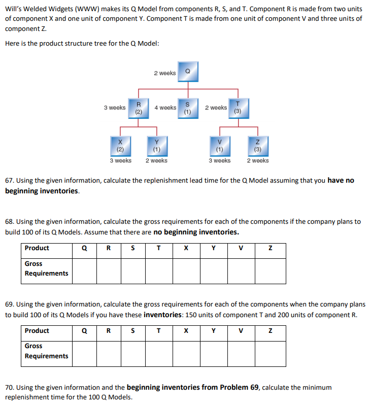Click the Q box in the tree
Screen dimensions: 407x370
pyautogui.click(x=188, y=72)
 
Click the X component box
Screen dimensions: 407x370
pyautogui.click(x=120, y=146)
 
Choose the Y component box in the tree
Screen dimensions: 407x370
pyautogui.click(x=156, y=146)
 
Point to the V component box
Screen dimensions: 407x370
pyautogui.click(x=219, y=146)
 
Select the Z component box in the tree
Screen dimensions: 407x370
pyautogui.click(x=258, y=146)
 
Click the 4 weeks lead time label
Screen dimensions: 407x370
pyautogui.click(x=165, y=108)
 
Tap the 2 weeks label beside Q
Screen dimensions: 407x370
pyautogui.click(x=165, y=73)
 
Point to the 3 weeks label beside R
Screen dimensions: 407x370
pyautogui.click(x=115, y=108)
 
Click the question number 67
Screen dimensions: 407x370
pyautogui.click(x=10, y=181)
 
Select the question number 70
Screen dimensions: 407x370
pyautogui.click(x=10, y=387)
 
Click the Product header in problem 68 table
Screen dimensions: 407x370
pyautogui.click(x=37, y=248)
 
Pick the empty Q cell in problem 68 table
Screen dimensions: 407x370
pyautogui.click(x=84, y=270)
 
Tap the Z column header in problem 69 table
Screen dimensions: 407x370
pyautogui.click(x=271, y=330)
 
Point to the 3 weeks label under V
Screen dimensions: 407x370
pyautogui.click(x=219, y=160)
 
